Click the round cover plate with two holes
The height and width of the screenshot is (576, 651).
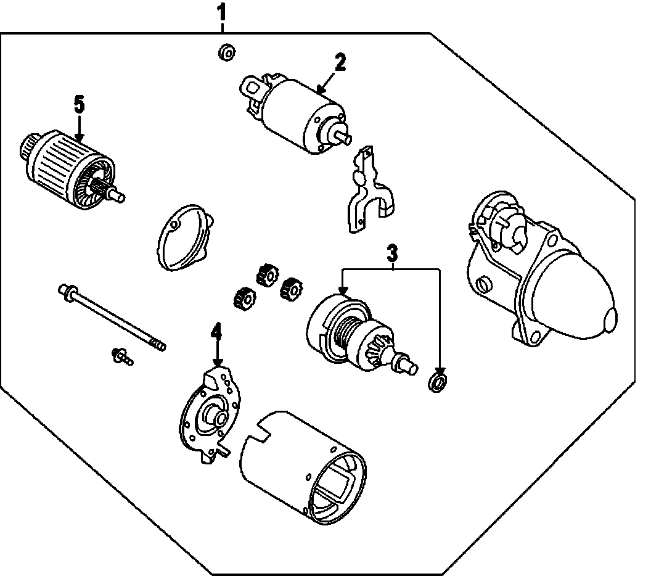point(183,237)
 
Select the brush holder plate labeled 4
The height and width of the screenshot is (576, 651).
point(210,413)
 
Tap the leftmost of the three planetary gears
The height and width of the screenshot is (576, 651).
point(244,299)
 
